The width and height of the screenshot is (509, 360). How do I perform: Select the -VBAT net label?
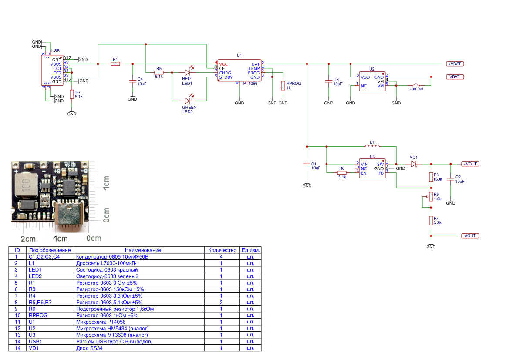coord(455,77)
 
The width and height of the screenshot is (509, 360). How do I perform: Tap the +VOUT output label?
coord(470,164)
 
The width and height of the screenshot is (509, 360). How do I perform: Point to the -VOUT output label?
coord(470,236)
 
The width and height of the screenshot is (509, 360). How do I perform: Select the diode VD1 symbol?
coord(414,164)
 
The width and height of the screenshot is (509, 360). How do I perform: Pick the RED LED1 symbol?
coord(188,73)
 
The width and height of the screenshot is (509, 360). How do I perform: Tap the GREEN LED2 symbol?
coord(188,101)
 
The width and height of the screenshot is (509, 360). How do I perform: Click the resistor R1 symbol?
coord(115,64)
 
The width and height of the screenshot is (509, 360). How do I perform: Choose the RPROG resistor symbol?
coord(283,85)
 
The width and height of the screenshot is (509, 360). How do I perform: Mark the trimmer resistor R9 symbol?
coord(431,197)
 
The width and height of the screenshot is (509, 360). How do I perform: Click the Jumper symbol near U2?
coord(417,85)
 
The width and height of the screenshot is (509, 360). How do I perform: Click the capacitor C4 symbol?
coord(132,81)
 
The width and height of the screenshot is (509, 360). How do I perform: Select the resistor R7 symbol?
coord(72,94)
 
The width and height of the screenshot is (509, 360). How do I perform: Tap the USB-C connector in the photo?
coord(68,215)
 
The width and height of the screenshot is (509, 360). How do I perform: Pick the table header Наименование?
coord(143,250)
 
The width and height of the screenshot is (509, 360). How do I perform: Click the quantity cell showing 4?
coord(221,256)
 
